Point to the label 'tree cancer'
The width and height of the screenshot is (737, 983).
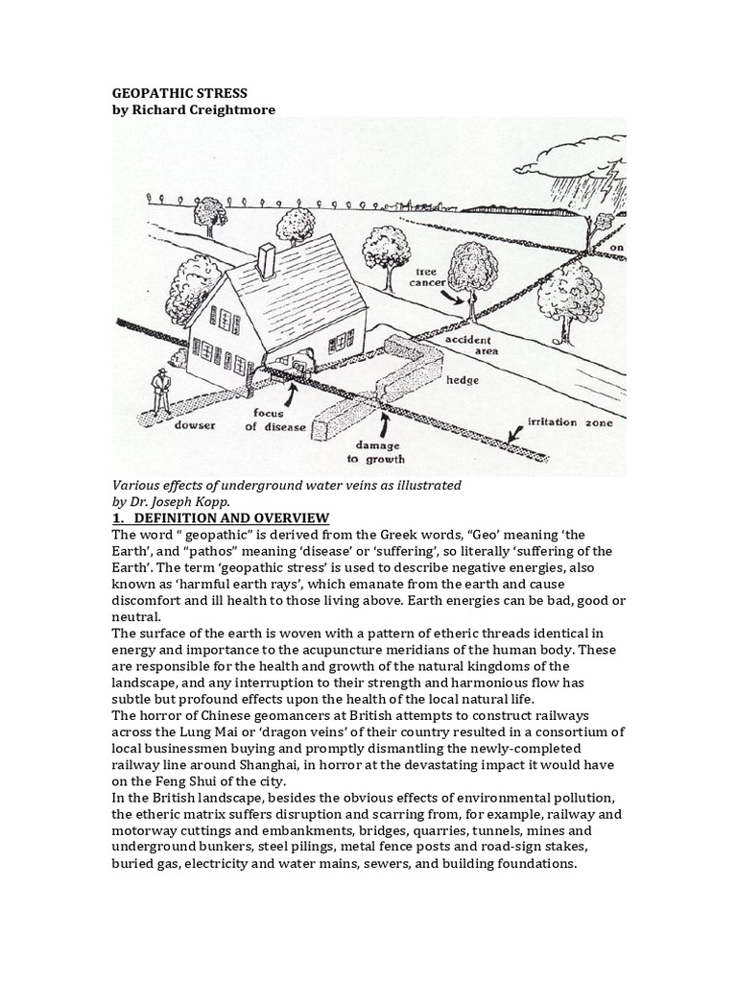pos(425,278)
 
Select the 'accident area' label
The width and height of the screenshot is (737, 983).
pos(467,345)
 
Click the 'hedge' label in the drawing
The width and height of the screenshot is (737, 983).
pos(464,380)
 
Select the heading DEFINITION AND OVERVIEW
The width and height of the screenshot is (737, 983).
pos(235,518)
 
